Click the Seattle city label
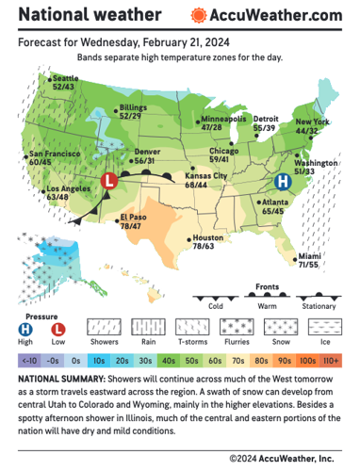tap(65, 82)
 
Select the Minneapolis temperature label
tap(222, 124)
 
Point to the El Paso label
tap(132, 222)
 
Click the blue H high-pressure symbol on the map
tap(280, 180)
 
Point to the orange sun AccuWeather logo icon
tap(198, 16)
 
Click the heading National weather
tap(90, 15)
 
